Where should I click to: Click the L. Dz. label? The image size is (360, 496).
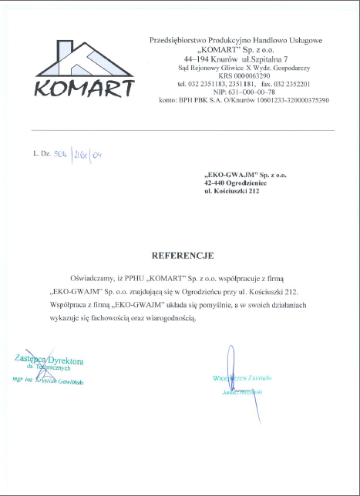coord(41,154)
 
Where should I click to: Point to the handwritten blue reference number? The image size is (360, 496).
coord(80,155)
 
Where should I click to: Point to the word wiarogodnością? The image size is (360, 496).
coord(172,317)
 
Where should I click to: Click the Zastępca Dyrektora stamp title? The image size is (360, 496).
coord(49,360)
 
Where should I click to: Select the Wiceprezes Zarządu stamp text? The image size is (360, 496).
coord(242,378)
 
